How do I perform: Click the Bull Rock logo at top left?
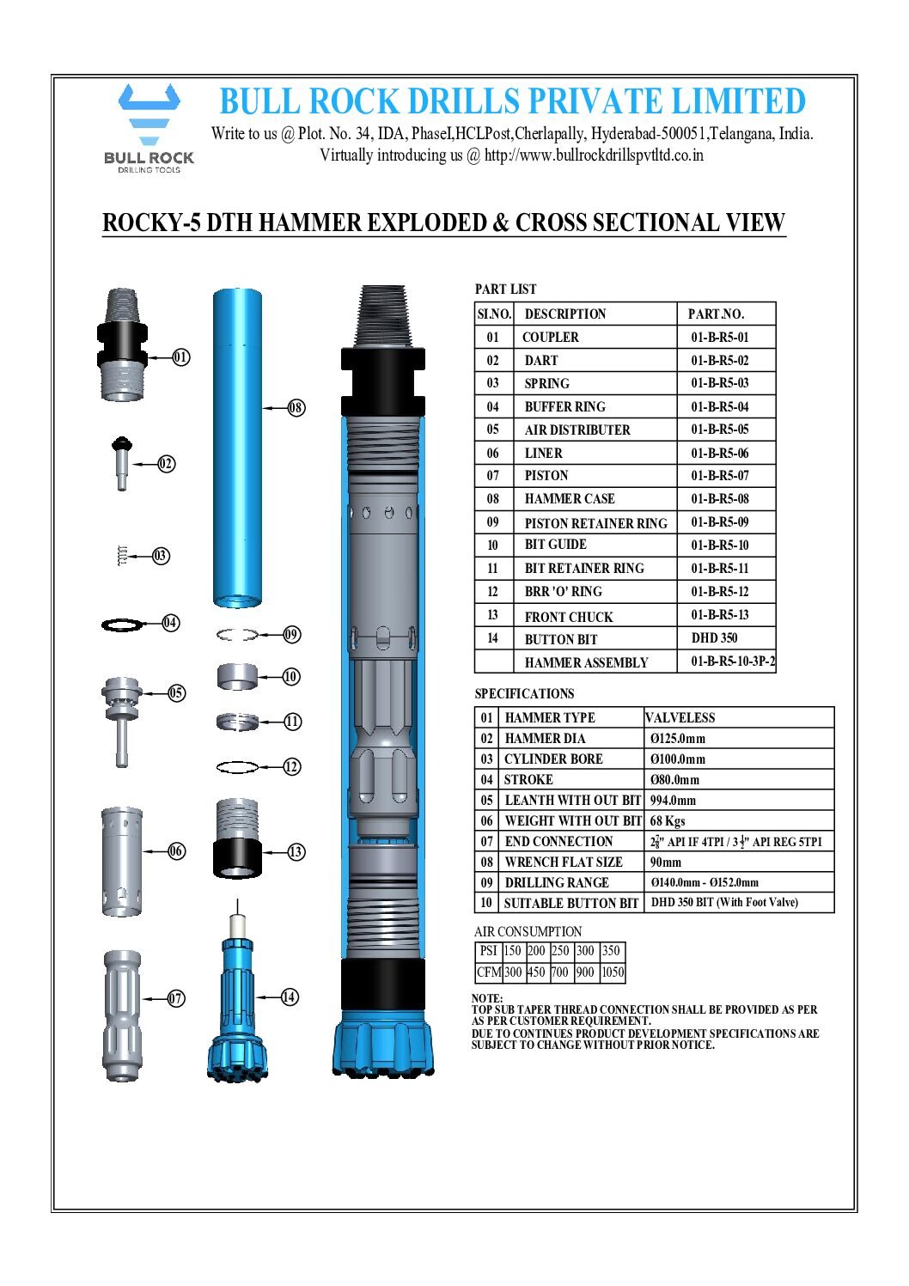[x=149, y=127]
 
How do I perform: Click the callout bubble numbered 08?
[x=296, y=407]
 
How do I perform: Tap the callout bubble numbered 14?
[x=290, y=996]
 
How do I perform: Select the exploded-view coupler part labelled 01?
[x=121, y=346]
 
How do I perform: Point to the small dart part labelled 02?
[x=121, y=462]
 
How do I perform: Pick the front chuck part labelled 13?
[x=237, y=838]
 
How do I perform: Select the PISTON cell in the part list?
[x=546, y=476]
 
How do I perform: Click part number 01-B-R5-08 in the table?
[x=719, y=498]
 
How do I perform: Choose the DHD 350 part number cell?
[x=714, y=638]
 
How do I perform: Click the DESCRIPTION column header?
[x=564, y=314]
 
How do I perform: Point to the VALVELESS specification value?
[x=680, y=718]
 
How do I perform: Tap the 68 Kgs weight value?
[x=668, y=821]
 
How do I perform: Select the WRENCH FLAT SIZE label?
[x=563, y=862]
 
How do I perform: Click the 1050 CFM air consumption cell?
[x=613, y=972]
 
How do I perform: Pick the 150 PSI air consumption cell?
[x=512, y=951]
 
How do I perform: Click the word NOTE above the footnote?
[x=487, y=998]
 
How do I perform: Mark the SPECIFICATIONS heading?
[x=524, y=694]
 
